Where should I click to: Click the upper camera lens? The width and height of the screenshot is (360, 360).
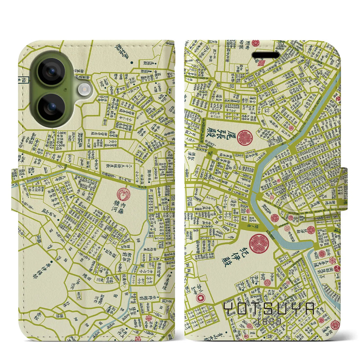pyautogui.click(x=52, y=71)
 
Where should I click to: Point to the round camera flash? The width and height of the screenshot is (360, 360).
pyautogui.click(x=84, y=89)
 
